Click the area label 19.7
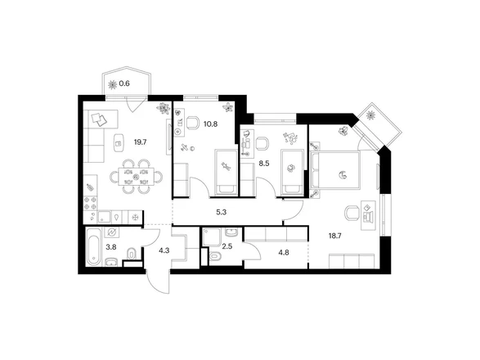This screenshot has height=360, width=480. pyautogui.click(x=141, y=142)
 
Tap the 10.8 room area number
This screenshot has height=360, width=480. pyautogui.click(x=211, y=124)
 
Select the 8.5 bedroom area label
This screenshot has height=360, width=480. pyautogui.click(x=264, y=164)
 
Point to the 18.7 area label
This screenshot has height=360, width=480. pyautogui.click(x=335, y=236)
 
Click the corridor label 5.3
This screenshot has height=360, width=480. pyautogui.click(x=221, y=212)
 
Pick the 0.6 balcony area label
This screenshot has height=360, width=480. pyautogui.click(x=124, y=83)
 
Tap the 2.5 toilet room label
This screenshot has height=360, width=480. pyautogui.click(x=227, y=246)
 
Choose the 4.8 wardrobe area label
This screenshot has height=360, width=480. pyautogui.click(x=284, y=253)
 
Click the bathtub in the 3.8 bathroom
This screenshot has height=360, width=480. pyautogui.click(x=93, y=246)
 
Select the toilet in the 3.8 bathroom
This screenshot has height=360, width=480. pyautogui.click(x=132, y=254)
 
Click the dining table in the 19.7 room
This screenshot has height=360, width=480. pyautogui.click(x=136, y=177)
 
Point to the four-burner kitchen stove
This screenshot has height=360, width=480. pyautogui.click(x=90, y=203)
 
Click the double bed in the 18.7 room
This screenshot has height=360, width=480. pyautogui.click(x=335, y=169)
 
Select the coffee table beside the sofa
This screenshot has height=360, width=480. pyautogui.click(x=119, y=143)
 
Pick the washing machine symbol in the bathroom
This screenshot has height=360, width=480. pyautogui.click(x=111, y=232)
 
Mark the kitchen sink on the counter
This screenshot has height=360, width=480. pyautogui.click(x=105, y=217)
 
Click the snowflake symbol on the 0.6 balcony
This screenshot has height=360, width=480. pyautogui.click(x=113, y=84)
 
